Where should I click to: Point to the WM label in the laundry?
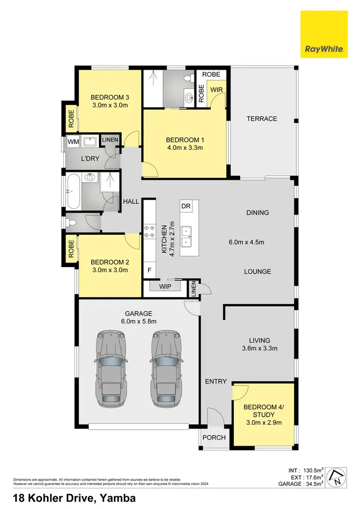coord(72,142)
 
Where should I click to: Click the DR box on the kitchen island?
coord(186,206)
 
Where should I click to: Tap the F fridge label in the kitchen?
coord(149,270)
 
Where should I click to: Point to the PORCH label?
coord(213,437)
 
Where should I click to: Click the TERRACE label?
coord(262,119)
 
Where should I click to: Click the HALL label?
coord(131,202)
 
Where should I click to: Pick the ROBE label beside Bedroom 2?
coord(71,249)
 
